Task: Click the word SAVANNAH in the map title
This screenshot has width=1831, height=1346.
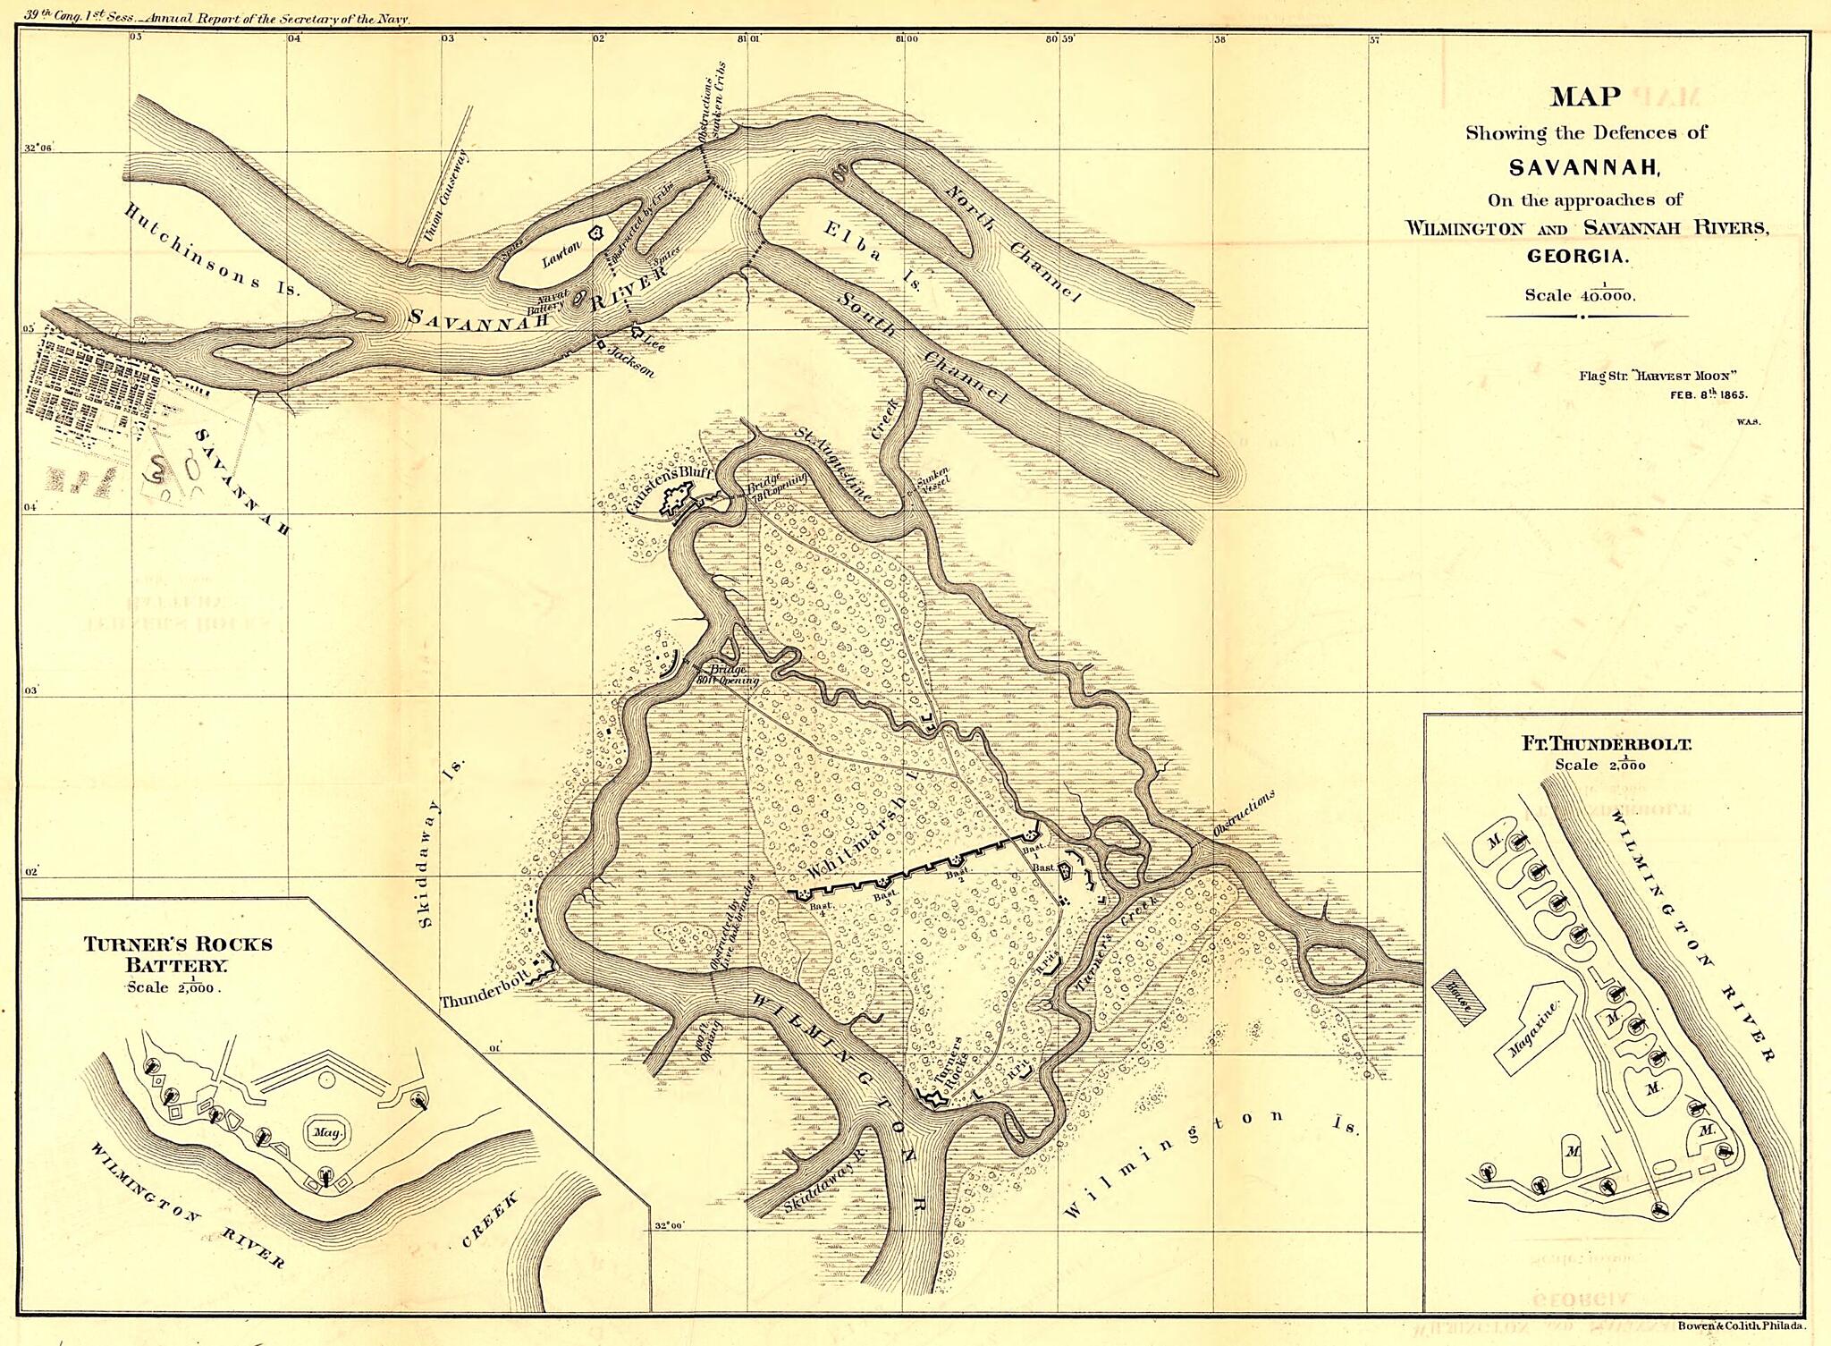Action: coord(1584,167)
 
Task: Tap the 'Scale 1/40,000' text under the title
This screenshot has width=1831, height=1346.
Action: coord(1580,294)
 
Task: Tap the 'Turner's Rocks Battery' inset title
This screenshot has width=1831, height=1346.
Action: coord(178,954)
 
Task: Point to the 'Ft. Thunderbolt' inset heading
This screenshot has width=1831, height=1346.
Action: coord(1606,743)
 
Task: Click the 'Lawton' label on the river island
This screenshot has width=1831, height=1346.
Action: coord(561,256)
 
